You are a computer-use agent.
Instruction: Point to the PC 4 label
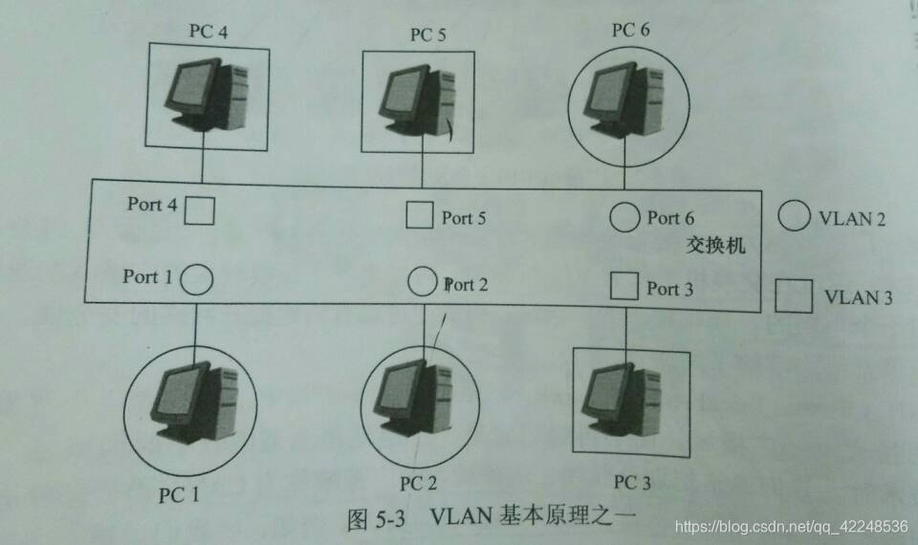[x=208, y=31]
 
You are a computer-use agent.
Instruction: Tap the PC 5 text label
[x=428, y=34]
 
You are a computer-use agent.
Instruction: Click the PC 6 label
[x=630, y=30]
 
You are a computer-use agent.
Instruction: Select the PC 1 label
[x=179, y=495]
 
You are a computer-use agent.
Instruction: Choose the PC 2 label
[x=419, y=484]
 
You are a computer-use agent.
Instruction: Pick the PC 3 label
[x=632, y=482]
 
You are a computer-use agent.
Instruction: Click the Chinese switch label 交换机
[x=716, y=245]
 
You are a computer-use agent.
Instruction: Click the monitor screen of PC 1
[x=178, y=393]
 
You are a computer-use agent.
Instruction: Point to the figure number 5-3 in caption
[x=390, y=518]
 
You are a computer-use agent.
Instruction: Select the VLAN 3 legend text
[x=859, y=297]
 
